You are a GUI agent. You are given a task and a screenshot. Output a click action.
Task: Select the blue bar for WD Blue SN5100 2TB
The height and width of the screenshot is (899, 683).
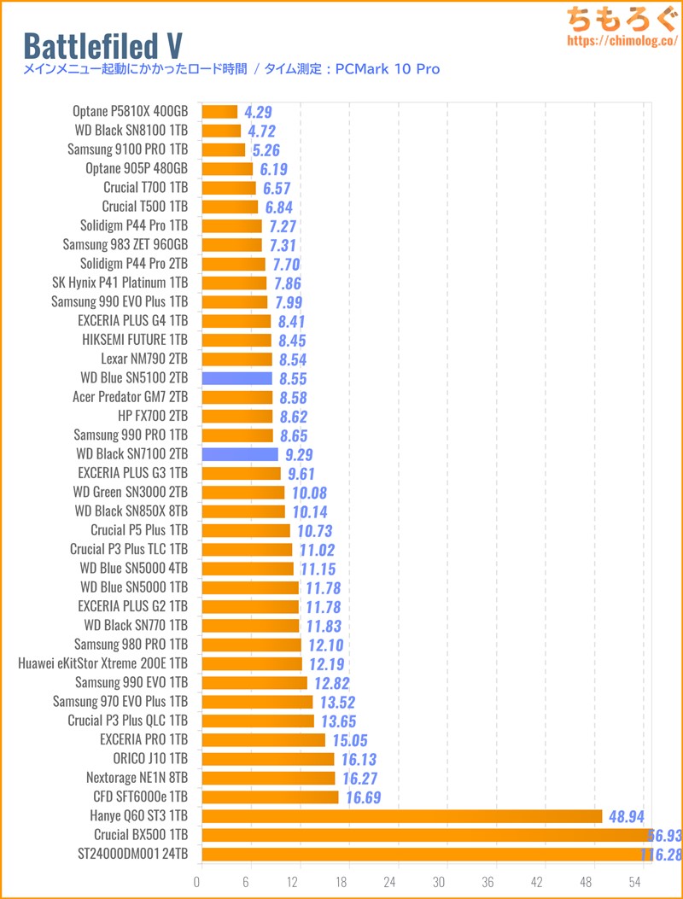pyautogui.click(x=236, y=378)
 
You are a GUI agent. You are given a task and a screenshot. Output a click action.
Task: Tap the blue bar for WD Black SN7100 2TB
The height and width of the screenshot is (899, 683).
pyautogui.click(x=240, y=454)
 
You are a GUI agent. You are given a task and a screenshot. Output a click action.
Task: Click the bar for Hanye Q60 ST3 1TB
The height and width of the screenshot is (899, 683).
pyautogui.click(x=401, y=816)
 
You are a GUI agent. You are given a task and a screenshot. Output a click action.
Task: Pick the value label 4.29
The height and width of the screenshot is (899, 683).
pyautogui.click(x=258, y=112)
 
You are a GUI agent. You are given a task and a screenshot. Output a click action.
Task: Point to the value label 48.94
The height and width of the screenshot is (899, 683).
pyautogui.click(x=627, y=816)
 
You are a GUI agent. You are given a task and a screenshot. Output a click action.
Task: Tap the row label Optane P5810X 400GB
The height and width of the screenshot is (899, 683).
pyautogui.click(x=130, y=111)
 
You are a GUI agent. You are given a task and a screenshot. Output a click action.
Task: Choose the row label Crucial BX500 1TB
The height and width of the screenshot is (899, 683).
pyautogui.click(x=141, y=834)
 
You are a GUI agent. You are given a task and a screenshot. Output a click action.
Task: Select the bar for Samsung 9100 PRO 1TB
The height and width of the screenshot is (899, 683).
pyautogui.click(x=223, y=149)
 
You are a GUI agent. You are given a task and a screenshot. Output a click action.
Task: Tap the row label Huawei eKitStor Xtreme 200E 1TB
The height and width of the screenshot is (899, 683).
pyautogui.click(x=102, y=663)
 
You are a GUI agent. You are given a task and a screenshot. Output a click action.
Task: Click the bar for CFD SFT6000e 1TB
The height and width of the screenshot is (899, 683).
pyautogui.click(x=270, y=797)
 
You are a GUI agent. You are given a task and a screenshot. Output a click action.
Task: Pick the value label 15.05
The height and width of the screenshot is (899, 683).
pyautogui.click(x=348, y=740)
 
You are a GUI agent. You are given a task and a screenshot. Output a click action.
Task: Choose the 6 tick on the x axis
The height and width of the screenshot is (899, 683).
pyautogui.click(x=247, y=880)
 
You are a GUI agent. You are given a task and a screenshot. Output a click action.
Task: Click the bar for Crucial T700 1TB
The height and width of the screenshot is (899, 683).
pyautogui.click(x=229, y=188)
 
